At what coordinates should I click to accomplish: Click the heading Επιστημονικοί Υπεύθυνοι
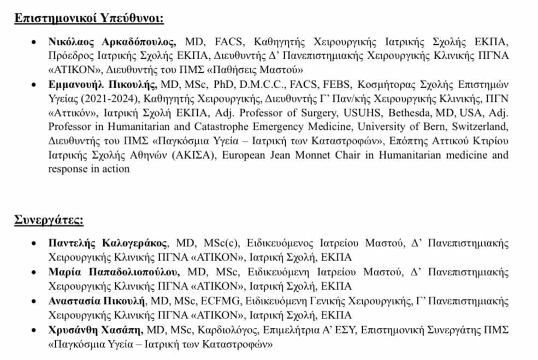click(x=88, y=18)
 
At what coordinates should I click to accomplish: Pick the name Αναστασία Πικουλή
click(x=96, y=300)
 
